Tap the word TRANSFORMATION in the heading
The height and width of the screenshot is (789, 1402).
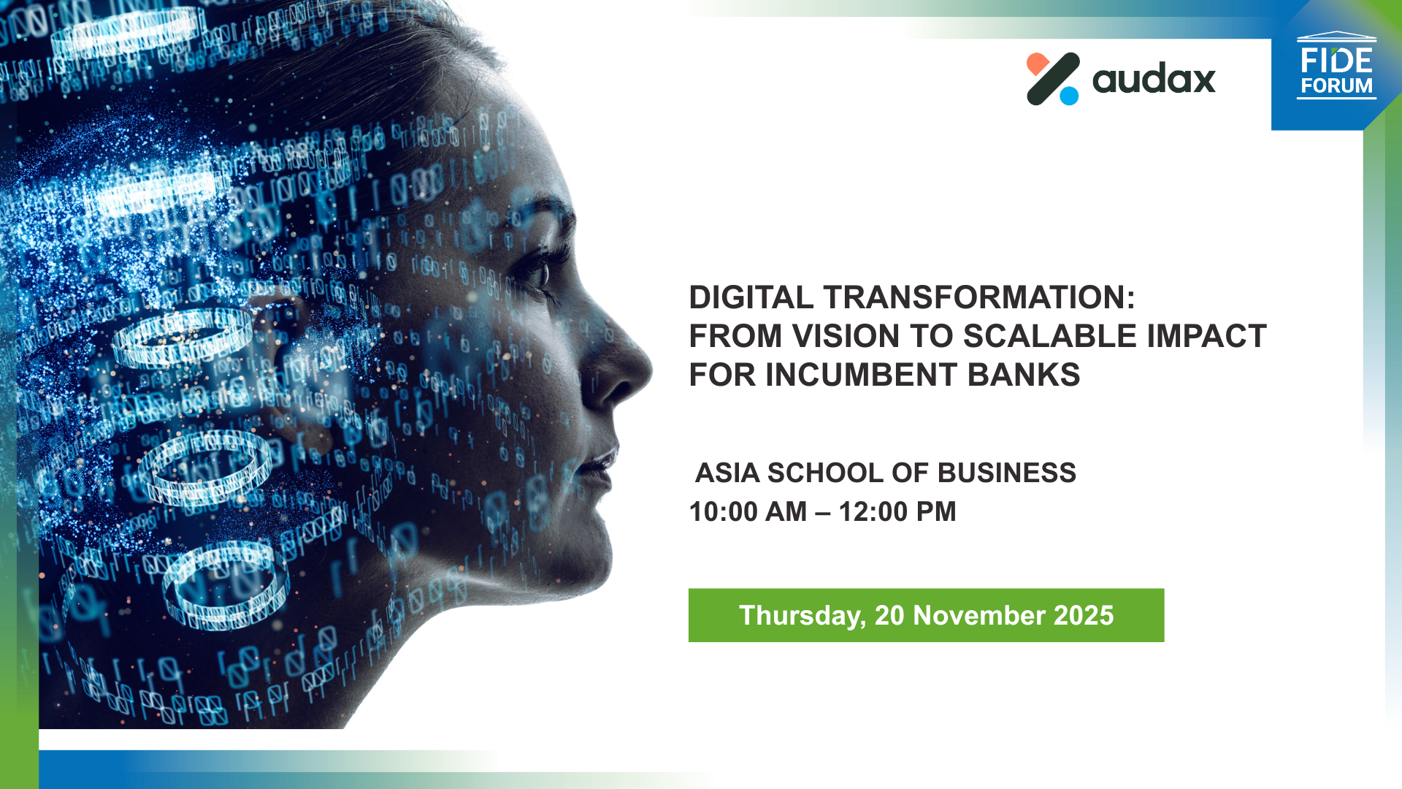pos(979,297)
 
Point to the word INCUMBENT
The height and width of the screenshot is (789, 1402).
pos(862,375)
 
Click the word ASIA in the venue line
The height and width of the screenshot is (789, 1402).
pos(727,473)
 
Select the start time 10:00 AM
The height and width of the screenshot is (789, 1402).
pos(748,511)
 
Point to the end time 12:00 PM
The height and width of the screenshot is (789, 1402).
pos(897,511)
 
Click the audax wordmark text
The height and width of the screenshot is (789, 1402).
pos(1154,79)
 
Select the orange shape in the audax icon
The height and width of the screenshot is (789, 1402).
pos(1037,64)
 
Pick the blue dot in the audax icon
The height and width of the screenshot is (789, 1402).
pos(1069,96)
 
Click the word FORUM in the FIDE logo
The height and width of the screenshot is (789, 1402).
pos(1336,85)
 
